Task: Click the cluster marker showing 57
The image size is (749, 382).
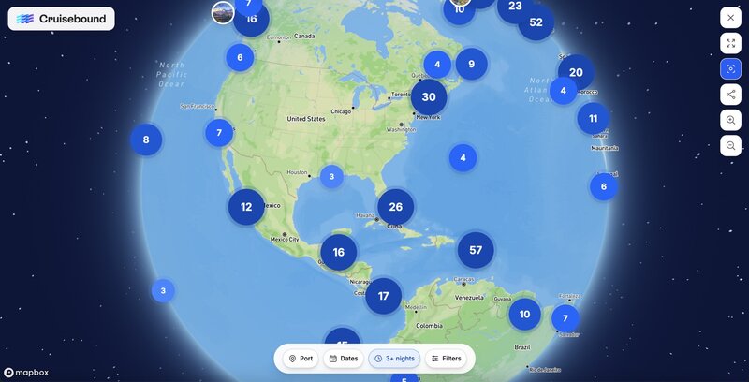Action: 476,250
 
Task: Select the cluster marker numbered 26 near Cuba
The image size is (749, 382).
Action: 395,207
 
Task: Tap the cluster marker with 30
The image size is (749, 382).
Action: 429,96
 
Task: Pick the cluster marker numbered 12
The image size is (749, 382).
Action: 246,207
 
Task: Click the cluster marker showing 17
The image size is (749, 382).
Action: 383,296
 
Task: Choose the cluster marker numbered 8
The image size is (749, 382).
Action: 146,140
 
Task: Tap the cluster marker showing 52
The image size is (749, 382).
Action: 536,22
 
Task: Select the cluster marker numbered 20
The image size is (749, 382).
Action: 576,72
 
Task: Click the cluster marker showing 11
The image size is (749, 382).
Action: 593,119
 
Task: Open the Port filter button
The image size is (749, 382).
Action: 301,359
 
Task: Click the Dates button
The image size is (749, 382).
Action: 344,359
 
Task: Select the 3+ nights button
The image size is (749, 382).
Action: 394,359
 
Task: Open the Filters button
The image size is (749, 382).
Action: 446,359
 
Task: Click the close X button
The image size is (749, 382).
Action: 730,18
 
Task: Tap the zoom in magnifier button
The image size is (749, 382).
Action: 730,120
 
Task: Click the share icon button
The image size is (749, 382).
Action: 730,95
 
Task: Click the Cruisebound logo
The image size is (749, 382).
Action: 62,19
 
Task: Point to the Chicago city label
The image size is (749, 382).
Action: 341,110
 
